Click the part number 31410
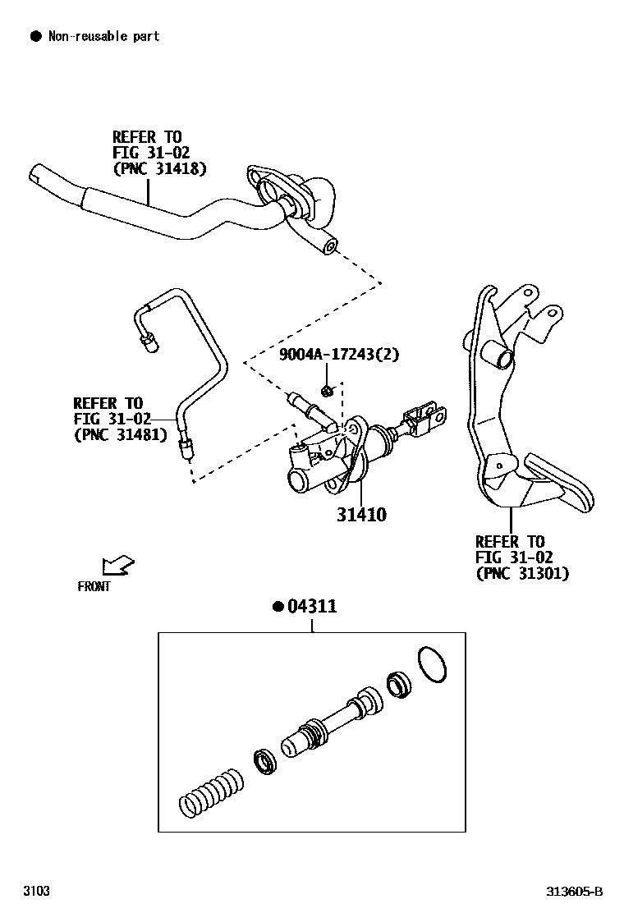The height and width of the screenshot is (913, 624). [x=360, y=516]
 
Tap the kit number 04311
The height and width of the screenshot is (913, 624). [x=311, y=607]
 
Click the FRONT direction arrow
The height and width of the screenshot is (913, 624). [x=117, y=566]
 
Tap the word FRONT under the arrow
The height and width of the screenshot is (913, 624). [x=94, y=586]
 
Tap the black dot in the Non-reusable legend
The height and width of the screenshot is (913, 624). [x=35, y=36]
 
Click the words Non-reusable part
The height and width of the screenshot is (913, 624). [x=103, y=36]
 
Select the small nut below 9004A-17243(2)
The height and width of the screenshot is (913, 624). [x=328, y=389]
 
